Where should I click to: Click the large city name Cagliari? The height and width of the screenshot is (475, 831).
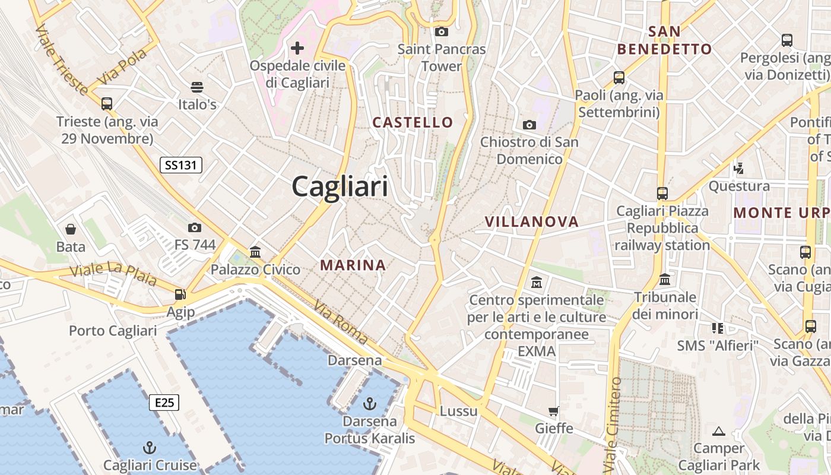point(340,186)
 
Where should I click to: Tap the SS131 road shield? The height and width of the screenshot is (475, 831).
point(181,165)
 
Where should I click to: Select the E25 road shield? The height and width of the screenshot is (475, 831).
point(164,403)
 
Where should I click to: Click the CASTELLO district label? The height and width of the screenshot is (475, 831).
point(413,122)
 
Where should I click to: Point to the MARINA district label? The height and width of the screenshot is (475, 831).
point(353,265)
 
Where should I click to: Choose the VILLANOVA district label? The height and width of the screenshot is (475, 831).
point(531,221)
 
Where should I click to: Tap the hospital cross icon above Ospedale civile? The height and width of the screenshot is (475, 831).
point(297,47)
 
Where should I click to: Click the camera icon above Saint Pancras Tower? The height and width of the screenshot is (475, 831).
point(441,31)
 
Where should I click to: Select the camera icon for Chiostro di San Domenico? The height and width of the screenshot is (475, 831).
point(529,125)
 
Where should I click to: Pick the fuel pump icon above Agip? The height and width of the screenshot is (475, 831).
point(180,294)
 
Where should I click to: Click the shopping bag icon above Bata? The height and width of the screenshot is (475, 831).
point(71,229)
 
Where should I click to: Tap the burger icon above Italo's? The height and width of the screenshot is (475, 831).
point(197,87)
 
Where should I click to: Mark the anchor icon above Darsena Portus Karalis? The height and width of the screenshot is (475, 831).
point(369,404)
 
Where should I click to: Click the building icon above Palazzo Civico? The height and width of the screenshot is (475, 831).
point(255,252)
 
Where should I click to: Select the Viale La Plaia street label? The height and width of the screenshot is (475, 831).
point(113,274)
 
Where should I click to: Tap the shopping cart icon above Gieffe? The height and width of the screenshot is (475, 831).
point(554,411)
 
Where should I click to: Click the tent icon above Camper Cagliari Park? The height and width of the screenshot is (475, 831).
point(719,430)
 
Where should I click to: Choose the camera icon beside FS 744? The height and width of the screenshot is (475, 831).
point(194,227)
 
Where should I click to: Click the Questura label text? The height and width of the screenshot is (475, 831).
point(739,186)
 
